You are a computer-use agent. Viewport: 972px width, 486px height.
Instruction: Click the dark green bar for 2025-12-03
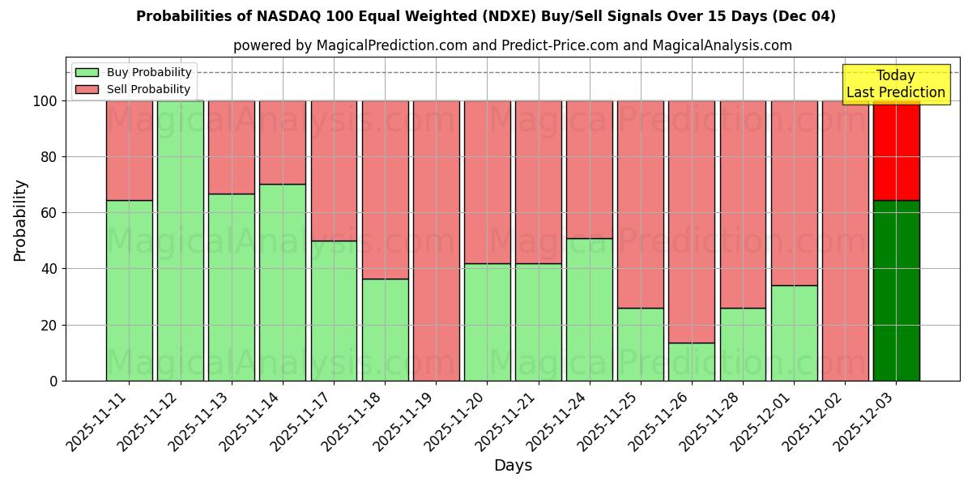896,290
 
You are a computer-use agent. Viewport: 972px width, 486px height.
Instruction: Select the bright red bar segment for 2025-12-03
896,151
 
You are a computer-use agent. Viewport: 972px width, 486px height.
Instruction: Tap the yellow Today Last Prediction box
895,84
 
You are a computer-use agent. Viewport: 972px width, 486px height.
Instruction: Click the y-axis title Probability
20,220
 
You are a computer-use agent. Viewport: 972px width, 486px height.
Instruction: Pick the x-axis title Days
513,466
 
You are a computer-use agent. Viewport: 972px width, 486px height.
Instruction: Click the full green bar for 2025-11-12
180,241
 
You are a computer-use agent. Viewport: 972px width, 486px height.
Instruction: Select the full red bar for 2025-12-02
845,241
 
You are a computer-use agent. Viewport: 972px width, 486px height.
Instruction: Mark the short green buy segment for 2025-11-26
691,361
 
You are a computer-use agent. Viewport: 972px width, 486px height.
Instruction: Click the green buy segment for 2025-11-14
283,282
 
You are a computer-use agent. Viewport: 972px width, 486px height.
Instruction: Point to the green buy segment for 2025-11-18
385,329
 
